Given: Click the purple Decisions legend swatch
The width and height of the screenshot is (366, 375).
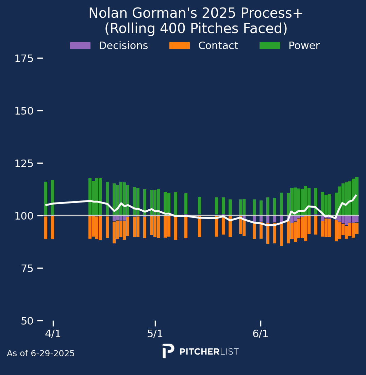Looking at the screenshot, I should click(80, 46).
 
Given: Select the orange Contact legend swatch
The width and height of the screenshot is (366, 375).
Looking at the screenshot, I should click(180, 46).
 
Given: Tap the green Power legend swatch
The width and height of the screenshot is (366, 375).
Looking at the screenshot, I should click(270, 46).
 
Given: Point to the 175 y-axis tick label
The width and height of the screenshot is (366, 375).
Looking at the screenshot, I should click(24, 59).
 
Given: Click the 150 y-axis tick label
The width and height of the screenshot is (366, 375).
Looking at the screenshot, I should click(24, 111).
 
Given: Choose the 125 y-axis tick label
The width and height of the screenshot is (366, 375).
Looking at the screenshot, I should click(24, 164).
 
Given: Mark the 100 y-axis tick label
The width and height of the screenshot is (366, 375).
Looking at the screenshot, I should click(24, 216).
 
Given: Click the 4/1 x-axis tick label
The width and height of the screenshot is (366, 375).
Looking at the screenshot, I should click(53, 334).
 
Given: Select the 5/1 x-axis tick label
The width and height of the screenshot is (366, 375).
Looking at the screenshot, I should click(155, 334).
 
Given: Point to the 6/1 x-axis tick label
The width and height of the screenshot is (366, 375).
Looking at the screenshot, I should click(261, 334).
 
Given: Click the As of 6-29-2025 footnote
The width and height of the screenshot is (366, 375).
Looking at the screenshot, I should click(41, 354).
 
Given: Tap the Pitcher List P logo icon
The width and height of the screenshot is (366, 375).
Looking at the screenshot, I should click(168, 351).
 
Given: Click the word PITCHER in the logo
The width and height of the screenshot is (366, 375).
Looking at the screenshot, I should click(199, 352).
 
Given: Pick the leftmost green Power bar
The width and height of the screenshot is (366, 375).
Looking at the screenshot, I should click(46, 198).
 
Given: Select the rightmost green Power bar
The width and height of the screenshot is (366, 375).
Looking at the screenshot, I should click(357, 196).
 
